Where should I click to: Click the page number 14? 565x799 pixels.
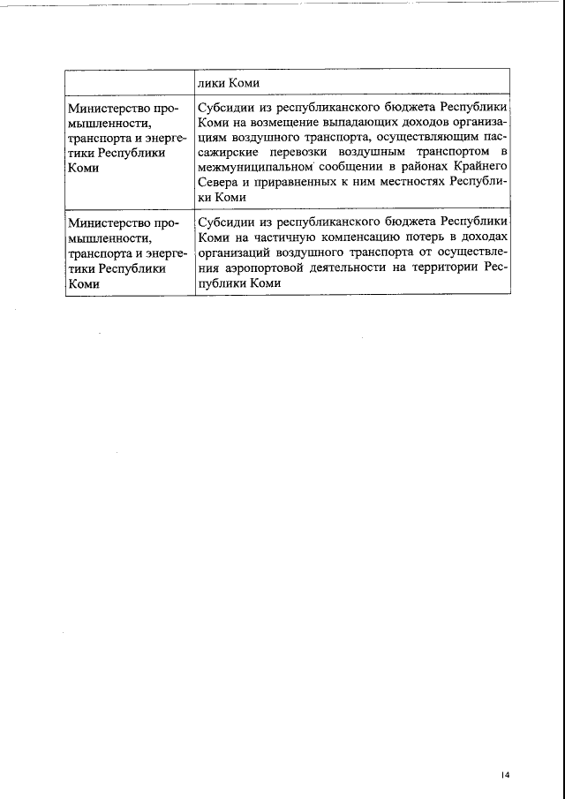[505, 774]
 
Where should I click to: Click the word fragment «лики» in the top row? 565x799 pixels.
[213, 84]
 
